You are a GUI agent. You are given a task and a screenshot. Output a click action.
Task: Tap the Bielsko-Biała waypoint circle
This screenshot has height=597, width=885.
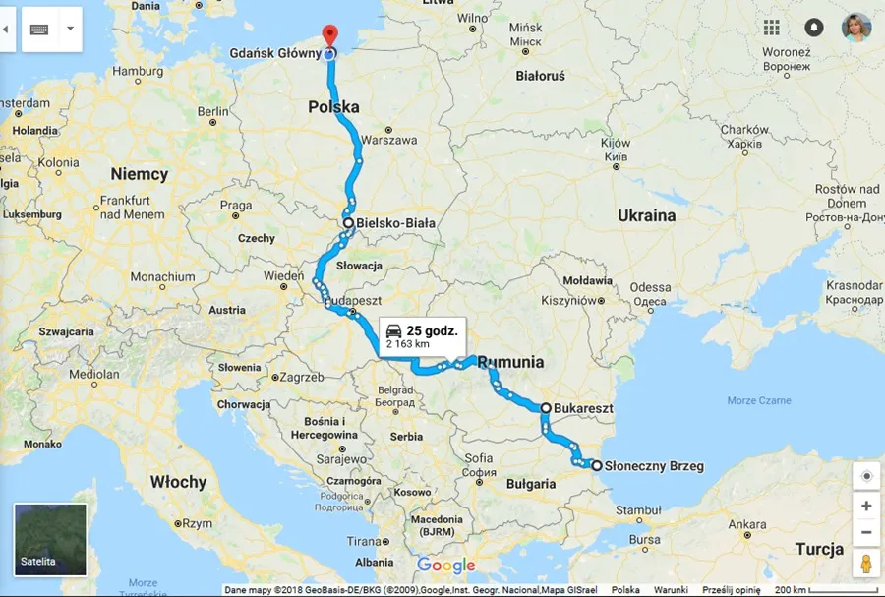pyautogui.click(x=348, y=223)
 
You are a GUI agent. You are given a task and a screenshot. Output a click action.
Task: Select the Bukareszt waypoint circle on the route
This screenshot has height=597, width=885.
pyautogui.click(x=546, y=406)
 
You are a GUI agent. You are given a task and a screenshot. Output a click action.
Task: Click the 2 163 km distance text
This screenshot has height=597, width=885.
pyautogui.click(x=408, y=345)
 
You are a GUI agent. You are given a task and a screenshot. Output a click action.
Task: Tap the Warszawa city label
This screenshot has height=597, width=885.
pyautogui.click(x=388, y=141)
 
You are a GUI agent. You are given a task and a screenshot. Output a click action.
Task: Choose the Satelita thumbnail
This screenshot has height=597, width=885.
pyautogui.click(x=50, y=539)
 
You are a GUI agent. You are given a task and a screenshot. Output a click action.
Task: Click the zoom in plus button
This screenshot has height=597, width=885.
pyautogui.click(x=865, y=506)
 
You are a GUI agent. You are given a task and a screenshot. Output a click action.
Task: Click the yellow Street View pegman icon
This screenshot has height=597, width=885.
pyautogui.click(x=865, y=566)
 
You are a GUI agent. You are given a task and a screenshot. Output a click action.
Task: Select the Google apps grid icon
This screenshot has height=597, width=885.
pyautogui.click(x=771, y=28)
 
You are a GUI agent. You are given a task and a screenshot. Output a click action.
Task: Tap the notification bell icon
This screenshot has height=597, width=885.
pyautogui.click(x=813, y=28)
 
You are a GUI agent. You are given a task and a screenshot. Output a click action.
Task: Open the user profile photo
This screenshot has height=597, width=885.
pyautogui.click(x=855, y=28)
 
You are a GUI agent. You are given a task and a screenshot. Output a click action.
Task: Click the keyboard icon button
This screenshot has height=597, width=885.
pyautogui.click(x=39, y=30)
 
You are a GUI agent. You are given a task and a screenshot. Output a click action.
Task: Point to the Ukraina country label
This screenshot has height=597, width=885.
pyautogui.click(x=646, y=215)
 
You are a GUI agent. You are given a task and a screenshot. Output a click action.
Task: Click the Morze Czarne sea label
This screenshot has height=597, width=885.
pyautogui.click(x=759, y=401)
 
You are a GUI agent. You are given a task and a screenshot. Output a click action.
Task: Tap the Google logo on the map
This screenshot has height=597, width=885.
pyautogui.click(x=445, y=566)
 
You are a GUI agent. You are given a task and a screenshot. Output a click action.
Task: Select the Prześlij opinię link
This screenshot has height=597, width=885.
pyautogui.click(x=732, y=590)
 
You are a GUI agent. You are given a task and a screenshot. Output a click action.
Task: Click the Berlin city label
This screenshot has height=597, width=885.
pyautogui.click(x=212, y=113)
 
